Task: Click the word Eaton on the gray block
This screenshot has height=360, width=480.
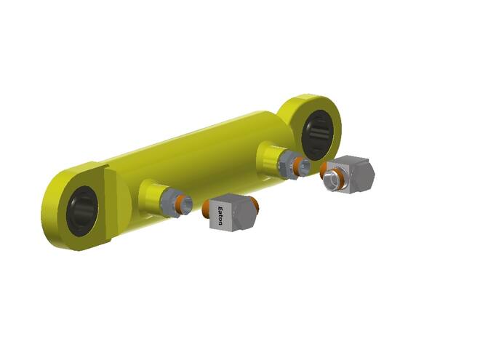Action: [x=220, y=216]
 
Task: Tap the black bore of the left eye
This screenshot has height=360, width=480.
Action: [x=82, y=211]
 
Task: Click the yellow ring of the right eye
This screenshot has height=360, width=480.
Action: [x=336, y=122]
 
